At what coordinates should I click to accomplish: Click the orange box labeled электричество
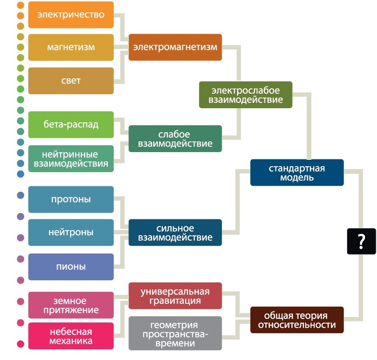click(71, 14)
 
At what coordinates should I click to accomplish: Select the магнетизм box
click(71, 47)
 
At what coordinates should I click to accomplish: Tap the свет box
click(71, 81)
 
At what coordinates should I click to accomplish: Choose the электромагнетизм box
click(175, 47)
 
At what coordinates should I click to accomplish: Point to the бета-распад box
click(71, 124)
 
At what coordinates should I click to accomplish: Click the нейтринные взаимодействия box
click(71, 158)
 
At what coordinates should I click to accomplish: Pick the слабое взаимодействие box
click(175, 138)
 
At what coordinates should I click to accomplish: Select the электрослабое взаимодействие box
click(246, 95)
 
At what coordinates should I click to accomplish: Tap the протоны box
click(71, 199)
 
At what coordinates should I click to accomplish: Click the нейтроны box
click(71, 232)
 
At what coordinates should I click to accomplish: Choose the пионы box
click(71, 267)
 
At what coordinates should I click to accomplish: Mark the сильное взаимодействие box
click(175, 232)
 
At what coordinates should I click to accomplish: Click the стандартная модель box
click(297, 173)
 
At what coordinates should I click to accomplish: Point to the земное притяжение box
click(71, 305)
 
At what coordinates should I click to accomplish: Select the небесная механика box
click(71, 336)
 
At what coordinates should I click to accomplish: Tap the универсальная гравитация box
click(175, 296)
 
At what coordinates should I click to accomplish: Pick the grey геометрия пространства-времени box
click(175, 333)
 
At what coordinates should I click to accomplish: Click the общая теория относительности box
click(297, 320)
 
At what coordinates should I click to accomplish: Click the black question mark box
click(361, 241)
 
